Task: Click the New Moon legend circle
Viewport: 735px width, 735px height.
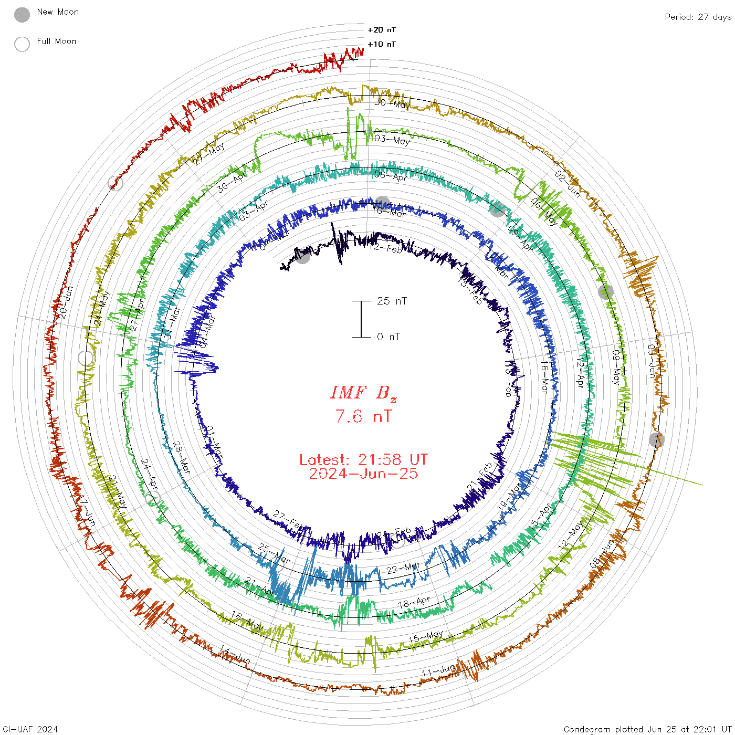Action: tap(22, 15)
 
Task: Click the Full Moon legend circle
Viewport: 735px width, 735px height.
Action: tap(22, 44)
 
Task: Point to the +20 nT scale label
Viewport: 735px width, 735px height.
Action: tap(382, 30)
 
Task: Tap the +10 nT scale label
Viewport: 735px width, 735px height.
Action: tap(382, 44)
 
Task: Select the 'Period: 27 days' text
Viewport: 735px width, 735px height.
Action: tap(698, 17)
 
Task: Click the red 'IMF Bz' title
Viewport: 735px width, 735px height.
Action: tap(363, 393)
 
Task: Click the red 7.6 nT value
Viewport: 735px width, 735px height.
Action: tap(363, 417)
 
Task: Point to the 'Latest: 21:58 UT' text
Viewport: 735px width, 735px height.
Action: tap(363, 460)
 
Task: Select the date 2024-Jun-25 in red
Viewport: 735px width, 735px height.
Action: tap(363, 474)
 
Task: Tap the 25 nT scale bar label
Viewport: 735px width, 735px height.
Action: tap(392, 301)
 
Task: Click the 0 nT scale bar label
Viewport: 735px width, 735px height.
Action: tap(388, 337)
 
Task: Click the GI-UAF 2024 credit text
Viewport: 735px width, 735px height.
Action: tap(30, 729)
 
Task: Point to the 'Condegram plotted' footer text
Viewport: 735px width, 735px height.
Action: tap(647, 729)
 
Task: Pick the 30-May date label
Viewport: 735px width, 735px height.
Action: tap(392, 103)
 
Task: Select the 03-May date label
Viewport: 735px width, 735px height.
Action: tap(392, 140)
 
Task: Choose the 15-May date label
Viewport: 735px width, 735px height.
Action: tap(426, 637)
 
